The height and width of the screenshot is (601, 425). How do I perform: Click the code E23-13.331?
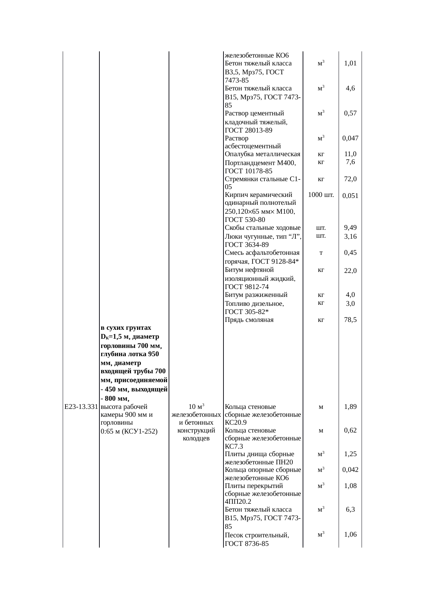(x=81, y=407)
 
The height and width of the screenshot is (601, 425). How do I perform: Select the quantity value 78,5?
(x=350, y=320)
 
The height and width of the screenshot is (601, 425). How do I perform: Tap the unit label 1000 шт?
(x=321, y=195)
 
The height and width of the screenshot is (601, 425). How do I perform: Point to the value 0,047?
(x=350, y=138)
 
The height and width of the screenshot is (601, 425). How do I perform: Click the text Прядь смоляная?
(x=249, y=320)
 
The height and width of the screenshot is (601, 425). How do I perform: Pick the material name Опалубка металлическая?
(x=263, y=154)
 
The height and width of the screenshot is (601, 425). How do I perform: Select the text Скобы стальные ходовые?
(x=263, y=228)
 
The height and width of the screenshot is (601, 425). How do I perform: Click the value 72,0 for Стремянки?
(x=350, y=179)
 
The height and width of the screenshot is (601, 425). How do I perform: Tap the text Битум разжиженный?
(x=256, y=295)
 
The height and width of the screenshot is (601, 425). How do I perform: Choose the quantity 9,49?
(x=350, y=228)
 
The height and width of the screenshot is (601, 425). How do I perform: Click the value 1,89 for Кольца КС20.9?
(x=350, y=407)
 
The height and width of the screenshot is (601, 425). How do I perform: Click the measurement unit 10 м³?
(x=196, y=407)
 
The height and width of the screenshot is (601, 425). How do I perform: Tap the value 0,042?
(x=350, y=470)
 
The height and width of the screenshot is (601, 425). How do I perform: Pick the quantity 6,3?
(x=350, y=510)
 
